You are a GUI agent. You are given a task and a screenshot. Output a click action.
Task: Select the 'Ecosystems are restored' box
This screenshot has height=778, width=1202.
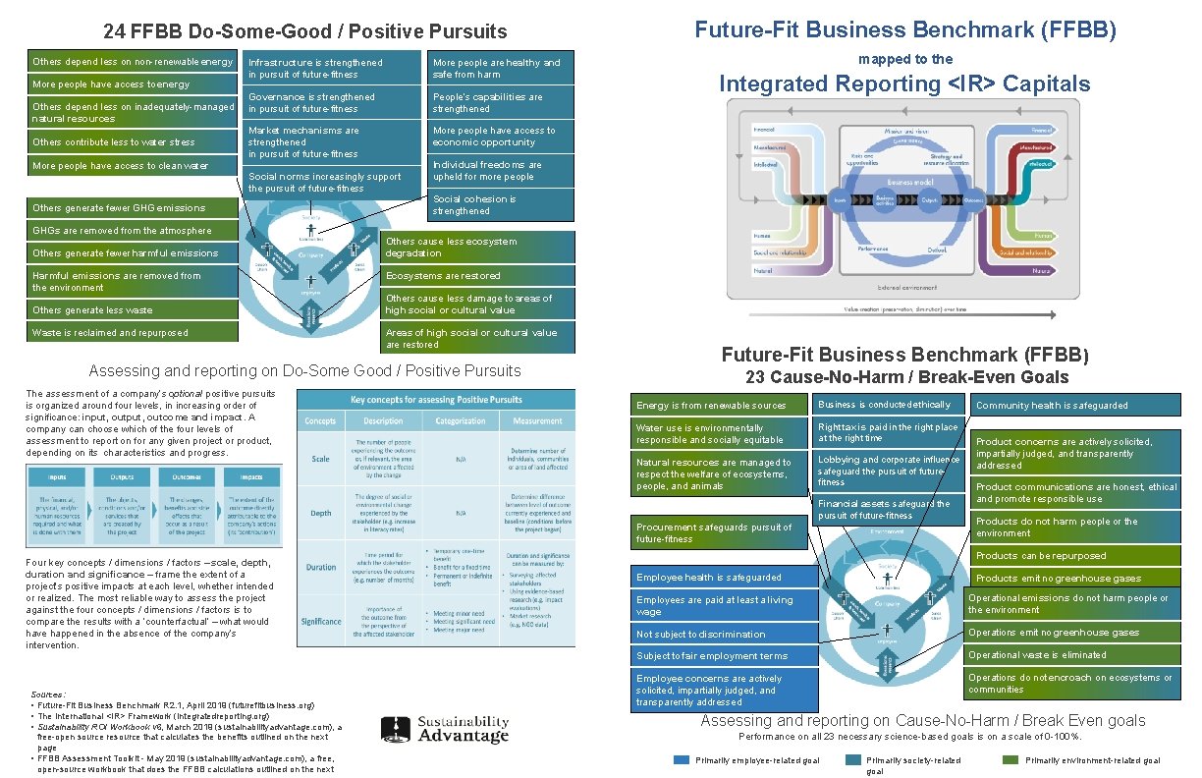479,276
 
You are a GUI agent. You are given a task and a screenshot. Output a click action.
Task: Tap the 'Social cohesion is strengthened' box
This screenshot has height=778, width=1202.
501,204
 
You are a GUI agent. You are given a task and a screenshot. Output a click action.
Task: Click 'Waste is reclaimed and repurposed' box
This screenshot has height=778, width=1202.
133,333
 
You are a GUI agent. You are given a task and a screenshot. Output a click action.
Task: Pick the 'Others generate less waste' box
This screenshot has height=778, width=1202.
133,310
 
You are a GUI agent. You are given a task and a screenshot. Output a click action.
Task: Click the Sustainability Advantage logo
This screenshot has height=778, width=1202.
447,729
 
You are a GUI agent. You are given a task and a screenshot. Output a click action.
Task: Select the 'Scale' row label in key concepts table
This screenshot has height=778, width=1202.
320,459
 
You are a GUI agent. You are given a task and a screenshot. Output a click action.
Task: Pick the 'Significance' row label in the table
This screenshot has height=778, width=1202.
320,621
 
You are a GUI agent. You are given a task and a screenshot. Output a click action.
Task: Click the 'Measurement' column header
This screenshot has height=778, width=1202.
537,420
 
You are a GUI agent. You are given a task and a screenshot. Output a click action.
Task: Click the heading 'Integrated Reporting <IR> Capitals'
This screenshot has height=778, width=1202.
904,84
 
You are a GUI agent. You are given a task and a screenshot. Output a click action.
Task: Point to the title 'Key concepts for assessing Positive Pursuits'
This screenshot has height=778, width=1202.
435,400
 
